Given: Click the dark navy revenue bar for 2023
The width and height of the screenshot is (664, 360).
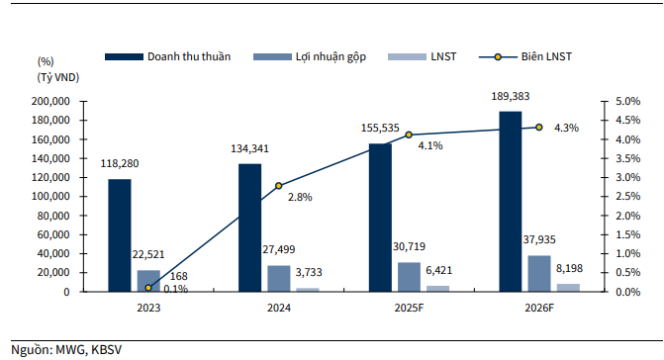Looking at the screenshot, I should click(x=119, y=235).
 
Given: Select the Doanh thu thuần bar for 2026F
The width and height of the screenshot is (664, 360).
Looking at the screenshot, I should click(x=510, y=202).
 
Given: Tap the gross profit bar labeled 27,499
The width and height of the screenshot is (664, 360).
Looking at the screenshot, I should click(x=278, y=279).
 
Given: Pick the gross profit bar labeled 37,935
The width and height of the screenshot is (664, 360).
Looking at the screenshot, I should click(x=540, y=274).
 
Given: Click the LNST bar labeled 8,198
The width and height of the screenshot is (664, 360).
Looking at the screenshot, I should click(x=568, y=288).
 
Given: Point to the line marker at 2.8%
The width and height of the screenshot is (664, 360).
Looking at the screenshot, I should click(x=278, y=186).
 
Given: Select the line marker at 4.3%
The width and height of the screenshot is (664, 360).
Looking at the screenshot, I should click(x=539, y=127).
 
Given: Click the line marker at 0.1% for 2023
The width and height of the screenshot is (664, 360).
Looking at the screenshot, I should click(x=148, y=288).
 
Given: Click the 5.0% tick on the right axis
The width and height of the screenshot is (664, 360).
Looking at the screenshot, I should click(x=616, y=101).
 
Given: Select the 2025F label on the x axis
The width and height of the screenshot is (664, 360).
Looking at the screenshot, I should click(x=409, y=309).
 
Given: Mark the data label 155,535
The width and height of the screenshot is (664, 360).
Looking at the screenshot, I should click(x=381, y=129).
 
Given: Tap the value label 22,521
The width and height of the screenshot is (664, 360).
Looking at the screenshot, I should click(x=148, y=255).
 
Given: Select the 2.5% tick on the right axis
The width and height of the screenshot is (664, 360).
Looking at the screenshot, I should click(x=616, y=197).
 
